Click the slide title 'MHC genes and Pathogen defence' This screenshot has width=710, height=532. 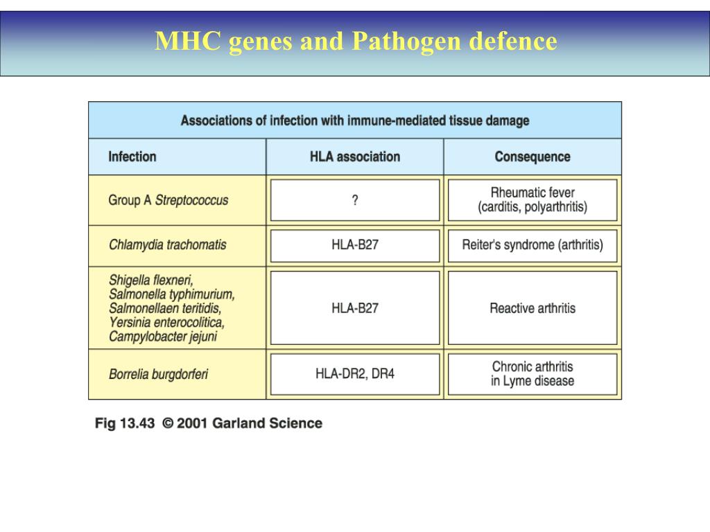coord(355,42)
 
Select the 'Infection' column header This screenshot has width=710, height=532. coord(132,157)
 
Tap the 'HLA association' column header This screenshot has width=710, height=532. coord(354,157)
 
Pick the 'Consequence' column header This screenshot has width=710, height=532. coord(532,157)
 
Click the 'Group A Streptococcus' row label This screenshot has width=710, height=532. coord(168,200)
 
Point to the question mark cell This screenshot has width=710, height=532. coord(355,200)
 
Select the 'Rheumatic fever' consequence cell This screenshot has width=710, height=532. coord(532,200)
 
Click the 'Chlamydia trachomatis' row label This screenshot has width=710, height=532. coord(167,245)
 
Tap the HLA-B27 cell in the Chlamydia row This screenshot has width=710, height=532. coord(355,245)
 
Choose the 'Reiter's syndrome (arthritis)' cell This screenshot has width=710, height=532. coord(532,245)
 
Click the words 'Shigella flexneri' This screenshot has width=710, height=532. coord(151,281)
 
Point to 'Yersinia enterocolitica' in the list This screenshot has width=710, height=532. coord(166,323)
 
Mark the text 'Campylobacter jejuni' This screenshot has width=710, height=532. coord(163,337)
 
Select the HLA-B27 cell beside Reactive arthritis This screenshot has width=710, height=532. coord(355,308)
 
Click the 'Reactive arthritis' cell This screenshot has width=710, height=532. coord(532,308)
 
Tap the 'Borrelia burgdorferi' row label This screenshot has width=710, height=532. coord(158,375)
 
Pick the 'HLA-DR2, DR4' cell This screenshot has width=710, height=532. coord(355,374)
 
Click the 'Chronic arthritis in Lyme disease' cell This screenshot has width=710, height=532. coord(532,374)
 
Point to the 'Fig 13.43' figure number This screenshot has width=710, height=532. coord(125,423)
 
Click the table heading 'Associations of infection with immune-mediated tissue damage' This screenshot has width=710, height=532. coord(355,121)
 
